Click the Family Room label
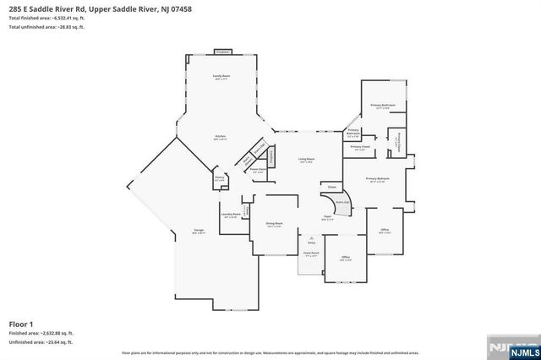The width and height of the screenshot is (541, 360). tap(221, 76)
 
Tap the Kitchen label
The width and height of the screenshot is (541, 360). tap(220, 136)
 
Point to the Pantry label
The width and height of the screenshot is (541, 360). tap(220, 178)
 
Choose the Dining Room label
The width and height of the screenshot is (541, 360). tap(274, 223)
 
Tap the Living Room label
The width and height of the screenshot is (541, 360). tap(306, 159)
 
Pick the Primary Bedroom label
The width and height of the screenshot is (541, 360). tap(377, 179)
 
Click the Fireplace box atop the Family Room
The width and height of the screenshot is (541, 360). tap(223, 52)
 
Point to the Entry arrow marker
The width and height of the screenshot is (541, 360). tap(312, 240)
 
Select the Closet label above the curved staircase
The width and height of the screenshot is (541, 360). tap(332, 187)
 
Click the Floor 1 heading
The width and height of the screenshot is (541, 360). tap(21, 324)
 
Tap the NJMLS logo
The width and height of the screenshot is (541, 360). tap(507, 346)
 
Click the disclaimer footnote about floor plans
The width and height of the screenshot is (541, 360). tap(254, 351)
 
